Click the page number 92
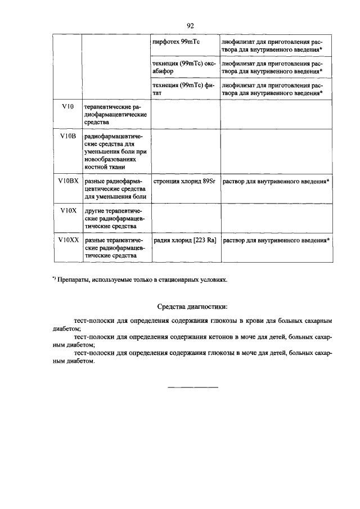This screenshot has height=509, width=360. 190,26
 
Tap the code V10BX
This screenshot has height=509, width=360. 67,181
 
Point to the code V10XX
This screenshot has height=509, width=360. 67,240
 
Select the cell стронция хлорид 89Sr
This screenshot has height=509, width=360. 184,181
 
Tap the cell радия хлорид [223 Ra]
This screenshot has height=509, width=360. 184,240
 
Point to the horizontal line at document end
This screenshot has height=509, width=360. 193,387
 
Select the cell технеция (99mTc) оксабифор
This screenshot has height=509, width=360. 184,67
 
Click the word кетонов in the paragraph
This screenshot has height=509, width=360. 231,336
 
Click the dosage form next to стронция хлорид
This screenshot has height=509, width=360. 276,181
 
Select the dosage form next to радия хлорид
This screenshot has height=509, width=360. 276,240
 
